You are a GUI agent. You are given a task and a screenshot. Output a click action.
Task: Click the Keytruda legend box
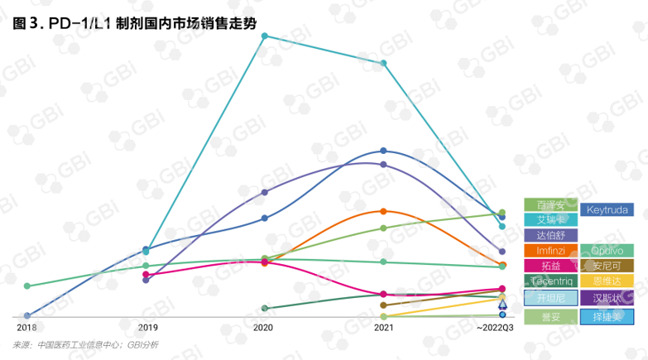point(607,210)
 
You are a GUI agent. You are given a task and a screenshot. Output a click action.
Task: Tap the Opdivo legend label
point(607,251)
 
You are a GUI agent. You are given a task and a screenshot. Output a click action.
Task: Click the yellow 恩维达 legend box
point(607,281)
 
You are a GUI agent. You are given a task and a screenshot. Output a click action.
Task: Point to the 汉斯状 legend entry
point(607,298)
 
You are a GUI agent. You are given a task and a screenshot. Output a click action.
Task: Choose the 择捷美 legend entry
point(607,316)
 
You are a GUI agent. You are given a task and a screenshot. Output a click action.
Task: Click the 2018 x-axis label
point(26,329)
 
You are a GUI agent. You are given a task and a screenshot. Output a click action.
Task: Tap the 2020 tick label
point(263,329)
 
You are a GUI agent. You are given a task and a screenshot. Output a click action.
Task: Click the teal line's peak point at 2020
point(265,36)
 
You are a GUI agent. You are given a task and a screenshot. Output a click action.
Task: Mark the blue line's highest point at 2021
point(384,151)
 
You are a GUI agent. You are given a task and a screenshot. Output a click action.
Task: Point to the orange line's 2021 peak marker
point(384,211)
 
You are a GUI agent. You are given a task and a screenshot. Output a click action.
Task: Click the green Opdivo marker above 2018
point(27,286)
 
